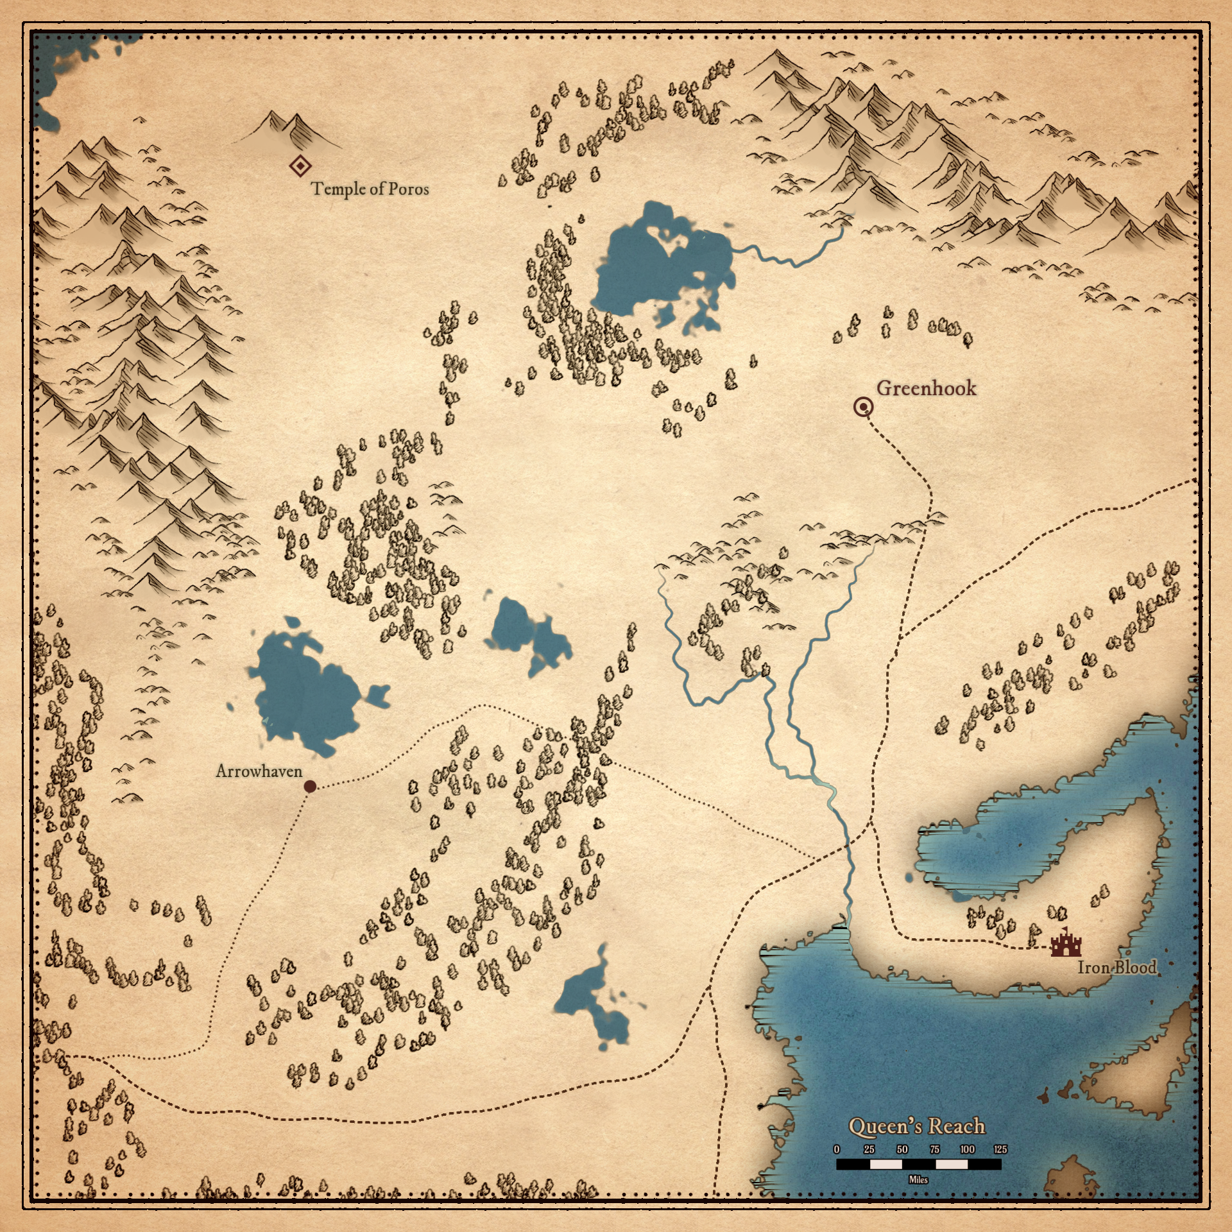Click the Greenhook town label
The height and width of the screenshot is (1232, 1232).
[926, 388]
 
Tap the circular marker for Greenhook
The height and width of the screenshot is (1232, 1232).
[864, 407]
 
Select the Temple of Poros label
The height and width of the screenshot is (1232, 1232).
[370, 189]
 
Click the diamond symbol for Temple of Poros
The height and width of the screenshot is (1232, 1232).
[300, 167]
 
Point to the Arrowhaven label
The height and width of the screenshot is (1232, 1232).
[259, 771]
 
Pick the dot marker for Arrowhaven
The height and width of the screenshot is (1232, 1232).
[310, 786]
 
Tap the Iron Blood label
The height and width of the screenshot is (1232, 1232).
[1116, 967]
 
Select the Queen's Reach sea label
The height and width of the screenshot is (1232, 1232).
[916, 1126]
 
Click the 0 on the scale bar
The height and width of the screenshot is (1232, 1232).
[837, 1149]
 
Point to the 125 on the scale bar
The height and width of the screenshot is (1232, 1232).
[1000, 1149]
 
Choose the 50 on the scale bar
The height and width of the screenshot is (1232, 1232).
[902, 1149]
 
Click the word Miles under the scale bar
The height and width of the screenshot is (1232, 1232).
[918, 1179]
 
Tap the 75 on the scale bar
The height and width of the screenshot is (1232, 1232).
[935, 1149]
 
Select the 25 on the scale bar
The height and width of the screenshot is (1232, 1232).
[869, 1149]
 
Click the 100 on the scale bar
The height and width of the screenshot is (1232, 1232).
[968, 1149]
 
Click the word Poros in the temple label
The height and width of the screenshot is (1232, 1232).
[409, 189]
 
